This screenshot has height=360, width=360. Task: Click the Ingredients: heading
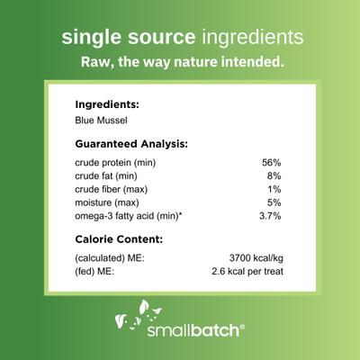coord(108,103)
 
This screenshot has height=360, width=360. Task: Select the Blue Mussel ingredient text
coord(102,119)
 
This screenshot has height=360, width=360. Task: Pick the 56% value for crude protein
coord(272,162)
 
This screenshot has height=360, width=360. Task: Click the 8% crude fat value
coord(275,176)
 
